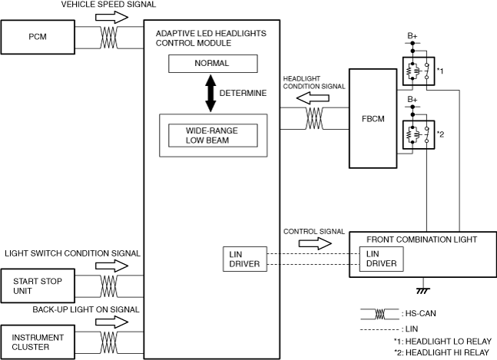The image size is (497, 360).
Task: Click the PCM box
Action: (x=38, y=37)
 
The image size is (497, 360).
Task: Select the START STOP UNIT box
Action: (x=38, y=286)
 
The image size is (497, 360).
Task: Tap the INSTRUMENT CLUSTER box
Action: (x=38, y=342)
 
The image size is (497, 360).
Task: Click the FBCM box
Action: (x=373, y=118)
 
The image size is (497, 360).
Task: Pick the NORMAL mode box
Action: (x=213, y=64)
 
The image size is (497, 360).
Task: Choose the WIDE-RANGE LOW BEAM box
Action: (x=213, y=136)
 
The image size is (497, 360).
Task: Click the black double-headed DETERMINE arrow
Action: (x=210, y=93)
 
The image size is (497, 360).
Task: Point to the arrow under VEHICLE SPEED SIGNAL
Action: (x=111, y=17)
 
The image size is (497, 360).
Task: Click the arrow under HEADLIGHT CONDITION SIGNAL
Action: (x=313, y=98)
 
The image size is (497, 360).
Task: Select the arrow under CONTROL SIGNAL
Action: (x=315, y=243)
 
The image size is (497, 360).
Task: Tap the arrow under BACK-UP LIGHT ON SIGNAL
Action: (x=111, y=322)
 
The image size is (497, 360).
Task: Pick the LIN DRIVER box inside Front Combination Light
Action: (x=381, y=259)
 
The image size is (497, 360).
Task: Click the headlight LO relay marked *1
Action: (x=419, y=71)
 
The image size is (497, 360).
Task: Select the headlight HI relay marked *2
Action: (x=419, y=134)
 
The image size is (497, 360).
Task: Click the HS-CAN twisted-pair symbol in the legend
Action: (x=379, y=314)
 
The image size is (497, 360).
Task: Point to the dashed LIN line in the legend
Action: (x=379, y=329)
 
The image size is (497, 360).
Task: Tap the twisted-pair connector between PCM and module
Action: (x=109, y=38)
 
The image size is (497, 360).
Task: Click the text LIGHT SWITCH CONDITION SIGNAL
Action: (x=72, y=253)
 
